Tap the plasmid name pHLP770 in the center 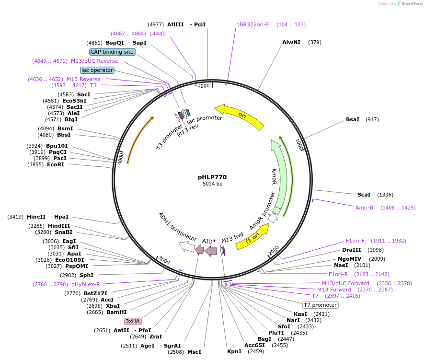coord(212,177)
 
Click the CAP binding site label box coord(113,52)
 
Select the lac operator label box coord(97,70)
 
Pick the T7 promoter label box coord(320,305)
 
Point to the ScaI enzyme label coord(364,195)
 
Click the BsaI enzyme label coord(353,119)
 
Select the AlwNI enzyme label coord(291,42)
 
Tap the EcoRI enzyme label coord(56,164)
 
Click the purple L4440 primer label coord(158,34)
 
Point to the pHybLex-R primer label coord(86,284)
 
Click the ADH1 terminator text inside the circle coord(177,226)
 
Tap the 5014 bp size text coord(212,184)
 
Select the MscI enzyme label coord(194,352)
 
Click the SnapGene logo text coord(412,4)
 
